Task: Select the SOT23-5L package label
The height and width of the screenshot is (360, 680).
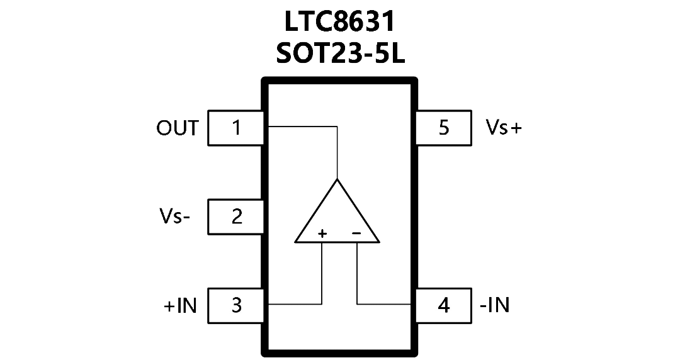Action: [x=340, y=53]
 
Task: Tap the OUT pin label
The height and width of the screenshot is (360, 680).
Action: [x=178, y=128]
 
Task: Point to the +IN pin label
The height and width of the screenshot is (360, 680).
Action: [x=180, y=305]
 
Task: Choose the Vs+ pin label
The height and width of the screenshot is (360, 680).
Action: [x=504, y=128]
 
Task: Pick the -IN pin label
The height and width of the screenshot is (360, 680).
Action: [x=495, y=305]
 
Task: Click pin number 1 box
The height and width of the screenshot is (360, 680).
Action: [x=236, y=128]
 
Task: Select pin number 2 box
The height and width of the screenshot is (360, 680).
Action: [x=236, y=217]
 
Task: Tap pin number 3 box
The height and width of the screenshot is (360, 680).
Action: [x=236, y=306]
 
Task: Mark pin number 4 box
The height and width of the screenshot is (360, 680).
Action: [x=444, y=306]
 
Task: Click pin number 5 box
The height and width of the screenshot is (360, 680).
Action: [x=444, y=128]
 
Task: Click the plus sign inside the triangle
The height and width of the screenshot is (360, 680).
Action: [x=322, y=233]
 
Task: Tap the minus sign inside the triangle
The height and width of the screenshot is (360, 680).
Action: [x=356, y=233]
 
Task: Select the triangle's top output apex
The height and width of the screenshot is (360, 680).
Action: [x=337, y=178]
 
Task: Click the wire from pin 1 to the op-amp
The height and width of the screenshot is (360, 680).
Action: [x=337, y=127]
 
